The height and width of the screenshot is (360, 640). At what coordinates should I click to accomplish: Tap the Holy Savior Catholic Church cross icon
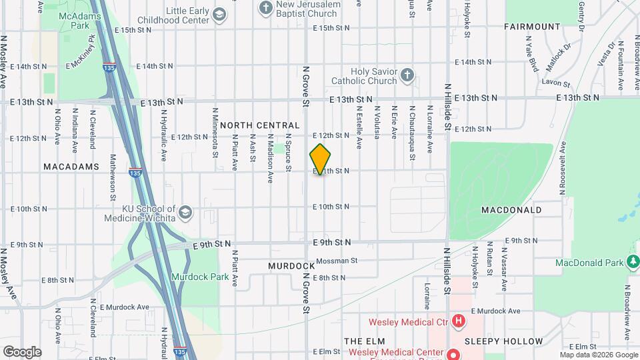407,74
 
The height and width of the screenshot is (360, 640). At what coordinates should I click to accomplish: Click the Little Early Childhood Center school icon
219,14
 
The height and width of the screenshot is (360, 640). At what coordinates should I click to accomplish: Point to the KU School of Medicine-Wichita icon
185,213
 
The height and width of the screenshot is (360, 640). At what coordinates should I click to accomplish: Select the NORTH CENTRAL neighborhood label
260,125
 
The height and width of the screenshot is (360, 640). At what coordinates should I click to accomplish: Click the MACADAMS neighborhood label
71,166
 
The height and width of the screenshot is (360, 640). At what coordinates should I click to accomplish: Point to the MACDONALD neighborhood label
511,210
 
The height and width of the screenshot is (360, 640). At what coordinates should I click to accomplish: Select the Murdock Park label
200,277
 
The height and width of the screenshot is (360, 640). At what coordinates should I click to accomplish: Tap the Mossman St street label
337,261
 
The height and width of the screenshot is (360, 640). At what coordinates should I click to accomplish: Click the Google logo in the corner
22,351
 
